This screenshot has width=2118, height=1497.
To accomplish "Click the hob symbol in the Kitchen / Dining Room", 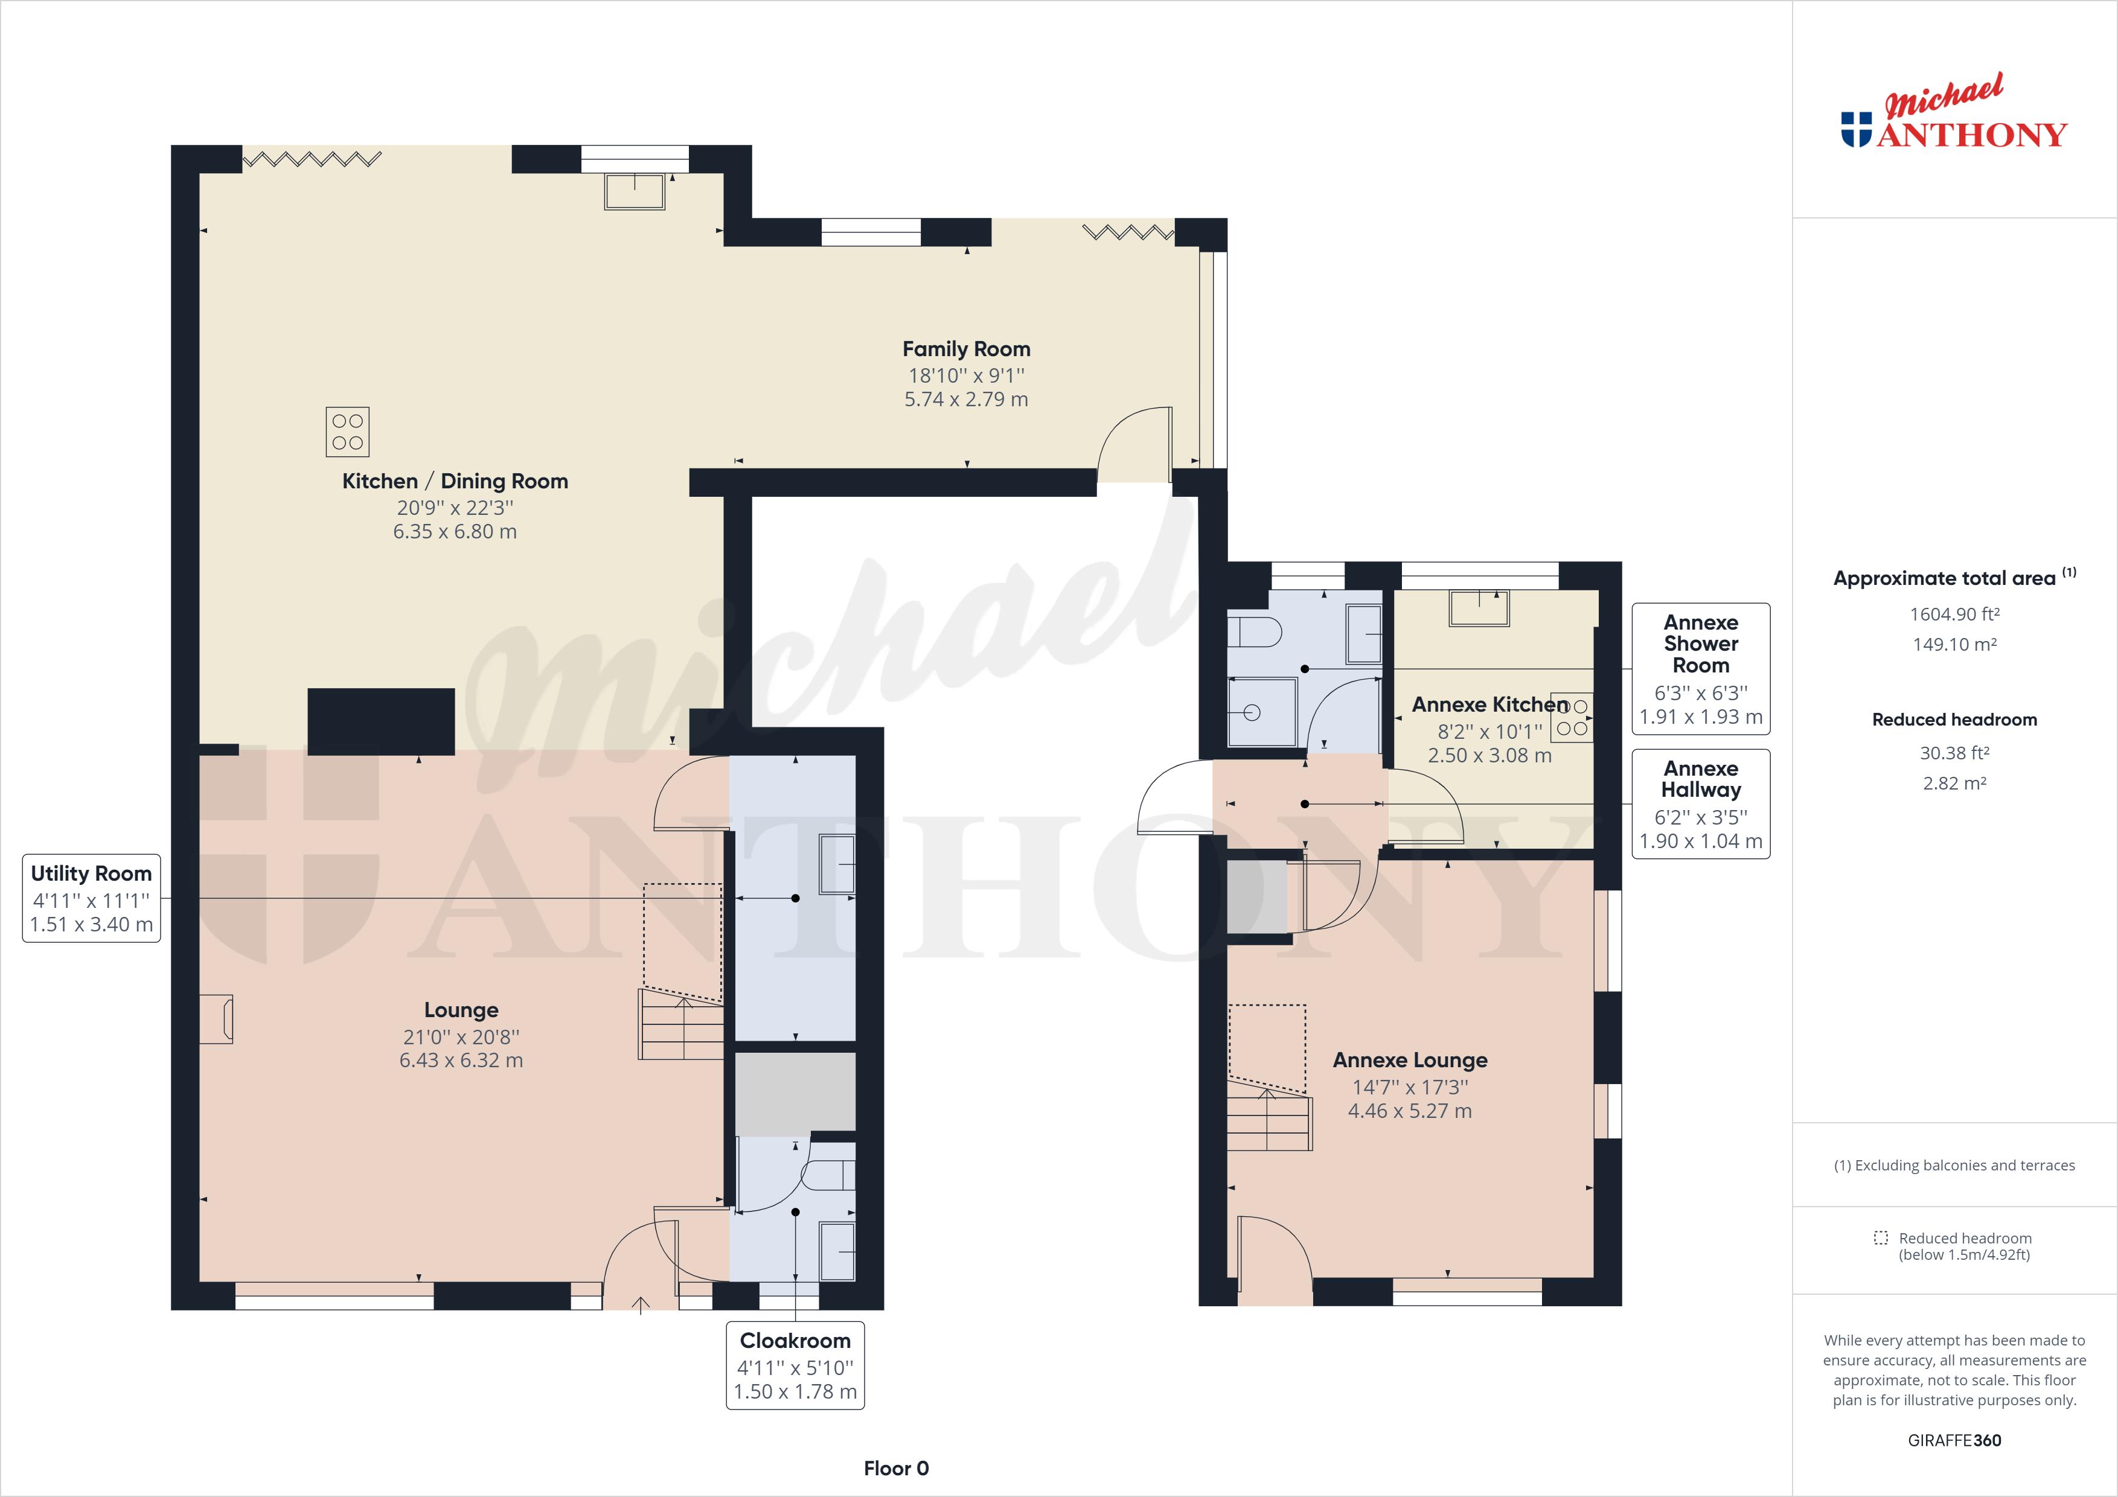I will (348, 432).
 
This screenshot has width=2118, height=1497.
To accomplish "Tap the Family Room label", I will (966, 350).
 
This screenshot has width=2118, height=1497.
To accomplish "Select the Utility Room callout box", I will (91, 898).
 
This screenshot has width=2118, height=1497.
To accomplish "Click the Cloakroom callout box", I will (795, 1365).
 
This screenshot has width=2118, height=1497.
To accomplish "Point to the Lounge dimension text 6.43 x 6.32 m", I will (461, 1061).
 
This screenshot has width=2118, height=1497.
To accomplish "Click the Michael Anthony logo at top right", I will (1954, 124).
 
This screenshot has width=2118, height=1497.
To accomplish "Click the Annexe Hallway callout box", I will (1700, 804).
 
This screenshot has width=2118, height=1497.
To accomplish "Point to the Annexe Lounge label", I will (1410, 1061).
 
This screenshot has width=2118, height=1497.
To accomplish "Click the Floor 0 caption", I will (896, 1469).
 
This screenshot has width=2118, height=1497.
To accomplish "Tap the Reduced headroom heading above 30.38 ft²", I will (1954, 720).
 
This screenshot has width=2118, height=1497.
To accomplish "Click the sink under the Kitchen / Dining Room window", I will (635, 191).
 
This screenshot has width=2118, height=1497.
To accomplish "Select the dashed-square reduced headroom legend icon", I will (1881, 1238).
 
